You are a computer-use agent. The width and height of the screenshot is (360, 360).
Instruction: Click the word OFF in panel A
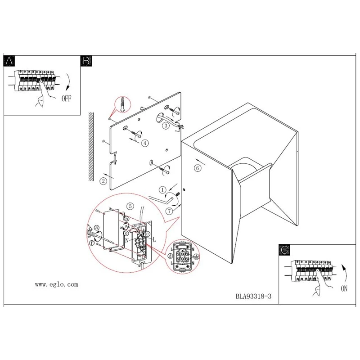(x=66, y=99)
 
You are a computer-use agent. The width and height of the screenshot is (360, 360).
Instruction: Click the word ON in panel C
(x=344, y=288)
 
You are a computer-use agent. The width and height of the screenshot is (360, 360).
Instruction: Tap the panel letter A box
(x=9, y=61)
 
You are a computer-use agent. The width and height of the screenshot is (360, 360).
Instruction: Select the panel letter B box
(x=86, y=61)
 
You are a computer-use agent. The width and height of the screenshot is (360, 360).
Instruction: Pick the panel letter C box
(x=284, y=250)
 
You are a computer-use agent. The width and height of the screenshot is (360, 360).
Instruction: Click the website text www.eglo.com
(x=57, y=285)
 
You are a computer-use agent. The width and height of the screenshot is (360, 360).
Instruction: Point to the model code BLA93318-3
(x=253, y=296)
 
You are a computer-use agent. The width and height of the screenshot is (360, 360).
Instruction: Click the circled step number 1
(x=162, y=190)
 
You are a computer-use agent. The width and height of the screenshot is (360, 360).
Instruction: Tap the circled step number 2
(x=103, y=181)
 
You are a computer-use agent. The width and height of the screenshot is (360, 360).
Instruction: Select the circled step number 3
(x=166, y=126)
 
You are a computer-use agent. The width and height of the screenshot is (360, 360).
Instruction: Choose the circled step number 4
(x=145, y=143)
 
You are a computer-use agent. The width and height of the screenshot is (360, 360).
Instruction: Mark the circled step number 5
(x=130, y=206)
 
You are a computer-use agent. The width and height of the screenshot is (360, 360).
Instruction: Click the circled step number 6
(x=198, y=168)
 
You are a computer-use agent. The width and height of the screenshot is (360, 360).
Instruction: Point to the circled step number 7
(x=170, y=211)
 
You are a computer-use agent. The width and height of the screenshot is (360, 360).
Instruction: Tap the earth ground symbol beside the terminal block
(x=197, y=256)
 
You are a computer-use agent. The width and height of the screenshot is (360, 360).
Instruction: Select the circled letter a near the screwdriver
(x=97, y=228)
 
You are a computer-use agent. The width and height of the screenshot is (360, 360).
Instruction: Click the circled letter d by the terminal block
(x=170, y=256)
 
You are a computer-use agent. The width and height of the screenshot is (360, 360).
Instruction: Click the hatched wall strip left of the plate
(x=91, y=147)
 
